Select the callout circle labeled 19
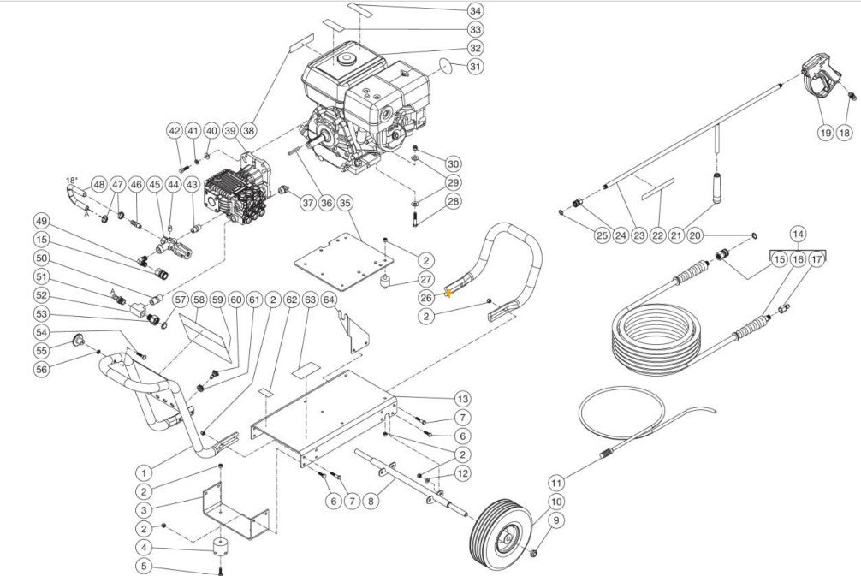[x=825, y=133]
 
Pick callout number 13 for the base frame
[x=462, y=399]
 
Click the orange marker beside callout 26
[x=448, y=294]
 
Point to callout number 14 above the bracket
[x=797, y=233]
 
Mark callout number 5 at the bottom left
[x=144, y=566]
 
